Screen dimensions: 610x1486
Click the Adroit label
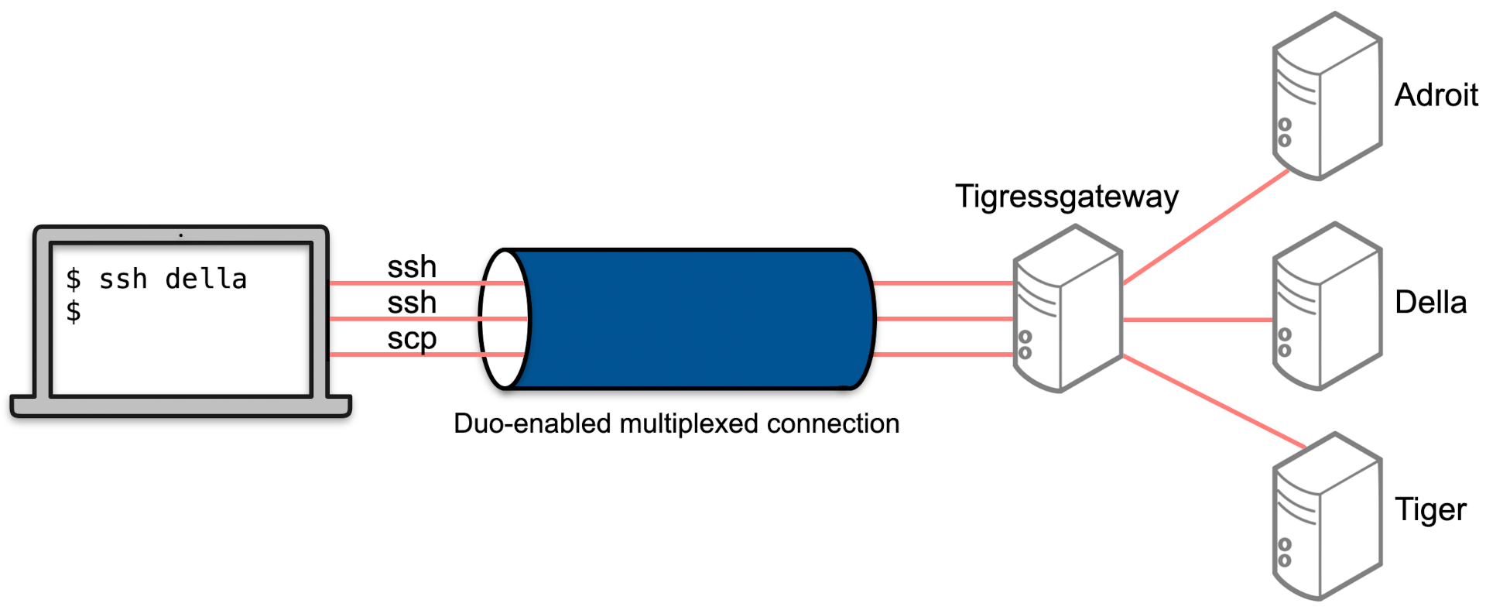pyautogui.click(x=1436, y=95)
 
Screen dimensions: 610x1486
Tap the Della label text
pyautogui.click(x=1430, y=303)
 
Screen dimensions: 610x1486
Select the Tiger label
pyautogui.click(x=1430, y=510)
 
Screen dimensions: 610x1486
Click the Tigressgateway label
pyautogui.click(x=1067, y=197)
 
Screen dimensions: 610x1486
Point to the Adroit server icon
pyautogui.click(x=1327, y=97)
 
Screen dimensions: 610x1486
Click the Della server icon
pyautogui.click(x=1327, y=307)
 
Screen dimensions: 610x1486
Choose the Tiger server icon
pyautogui.click(x=1327, y=517)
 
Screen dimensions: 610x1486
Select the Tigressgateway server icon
pyautogui.click(x=1067, y=310)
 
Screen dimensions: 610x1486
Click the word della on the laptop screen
pyautogui.click(x=206, y=279)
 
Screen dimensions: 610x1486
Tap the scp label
pyautogui.click(x=412, y=339)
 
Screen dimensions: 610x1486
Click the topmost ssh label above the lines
pyautogui.click(x=412, y=267)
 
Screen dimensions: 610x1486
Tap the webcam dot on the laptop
pyautogui.click(x=181, y=235)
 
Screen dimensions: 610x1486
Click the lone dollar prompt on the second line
pyautogui.click(x=74, y=312)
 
